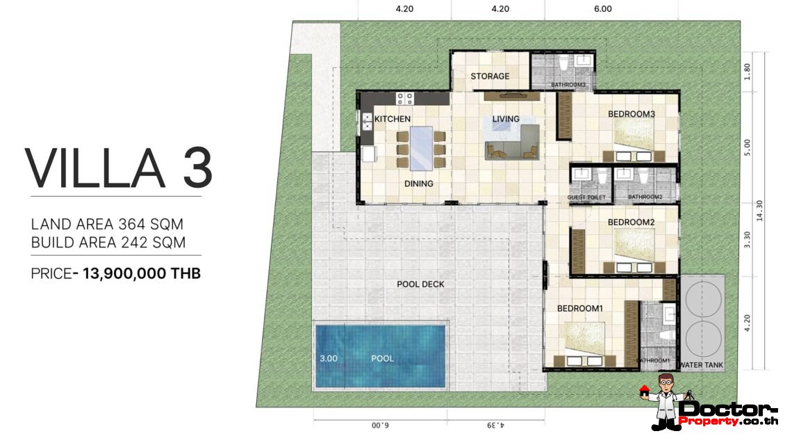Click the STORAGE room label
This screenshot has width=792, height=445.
coord(490,76)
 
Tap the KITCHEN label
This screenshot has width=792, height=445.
coord(393,119)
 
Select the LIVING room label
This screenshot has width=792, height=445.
coord(506,119)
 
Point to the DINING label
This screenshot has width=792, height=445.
coord(419,184)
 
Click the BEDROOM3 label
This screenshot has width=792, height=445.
coord(632,114)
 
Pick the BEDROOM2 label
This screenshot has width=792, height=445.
coord(631,222)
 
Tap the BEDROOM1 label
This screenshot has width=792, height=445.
coord(580,309)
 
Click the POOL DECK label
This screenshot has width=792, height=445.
coord(420,284)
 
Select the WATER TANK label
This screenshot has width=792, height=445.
coord(701,365)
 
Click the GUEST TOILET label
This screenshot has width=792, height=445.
coord(586,197)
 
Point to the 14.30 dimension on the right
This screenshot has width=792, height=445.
coord(759,211)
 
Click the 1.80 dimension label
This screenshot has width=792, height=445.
coord(748,72)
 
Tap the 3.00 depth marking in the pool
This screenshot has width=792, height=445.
coord(329,359)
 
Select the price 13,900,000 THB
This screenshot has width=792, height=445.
coord(142,273)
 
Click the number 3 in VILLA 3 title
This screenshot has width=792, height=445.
coord(197,168)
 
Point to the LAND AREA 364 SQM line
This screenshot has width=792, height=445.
coord(107,224)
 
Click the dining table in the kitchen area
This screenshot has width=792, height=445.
coord(421,148)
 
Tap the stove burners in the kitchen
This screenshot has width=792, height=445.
coord(405,98)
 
